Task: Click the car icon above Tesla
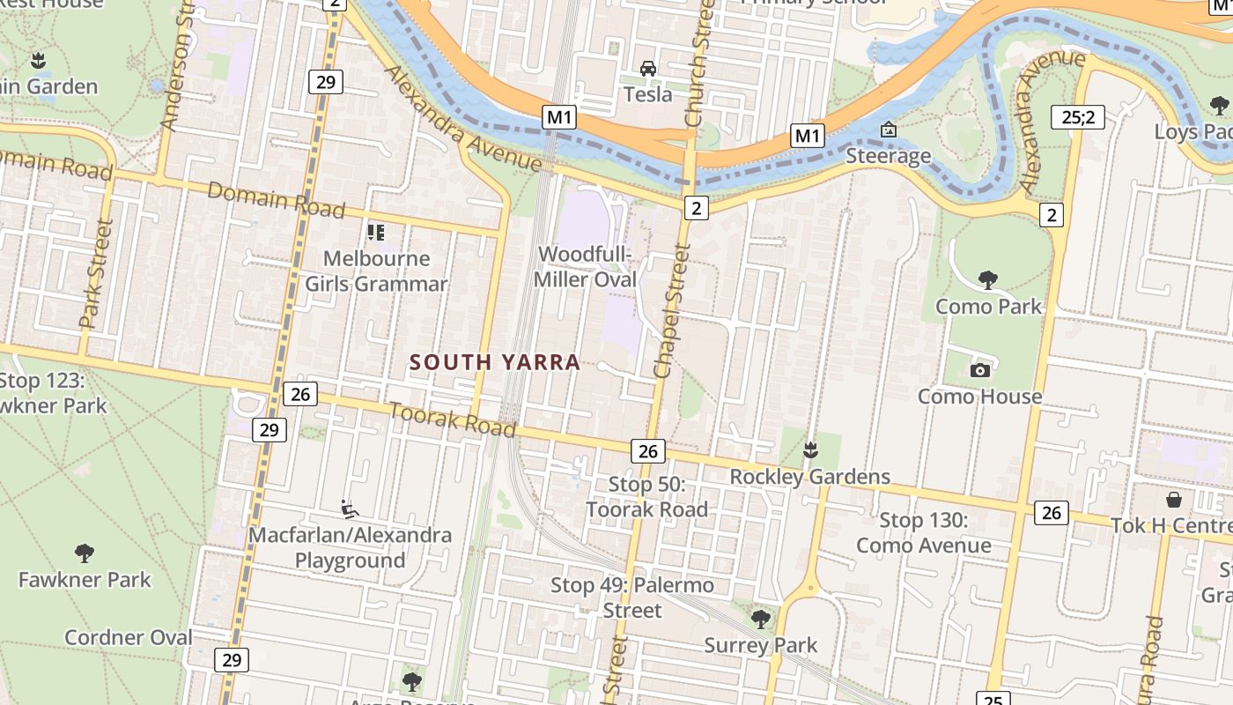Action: coord(648,69)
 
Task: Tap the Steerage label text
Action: coord(888,156)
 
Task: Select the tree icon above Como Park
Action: coord(988,280)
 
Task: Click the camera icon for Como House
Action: coord(979,370)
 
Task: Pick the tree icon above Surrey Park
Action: coord(761,619)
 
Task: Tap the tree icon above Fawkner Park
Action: coord(85,553)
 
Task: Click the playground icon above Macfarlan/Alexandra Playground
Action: coord(350,508)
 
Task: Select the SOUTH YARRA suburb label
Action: coord(495,362)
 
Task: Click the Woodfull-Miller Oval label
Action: coord(587,267)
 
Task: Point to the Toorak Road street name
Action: coord(452,419)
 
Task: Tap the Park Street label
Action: coord(97,274)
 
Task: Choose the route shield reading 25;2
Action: coord(1078,116)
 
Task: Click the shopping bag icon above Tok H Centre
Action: coord(1174,500)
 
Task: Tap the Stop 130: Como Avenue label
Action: coord(923,533)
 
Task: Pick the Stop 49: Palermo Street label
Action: coord(632,597)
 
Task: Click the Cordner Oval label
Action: coord(129,637)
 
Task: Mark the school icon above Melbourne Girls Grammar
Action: coord(376,233)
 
